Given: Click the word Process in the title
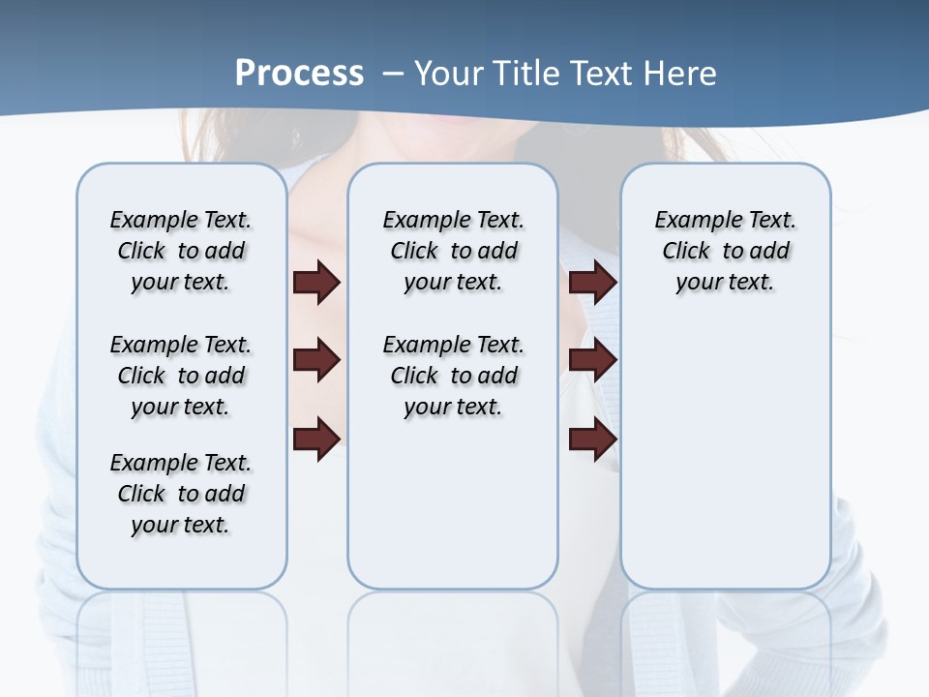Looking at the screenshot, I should click(x=299, y=74).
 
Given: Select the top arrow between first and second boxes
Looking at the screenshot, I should click(x=316, y=282).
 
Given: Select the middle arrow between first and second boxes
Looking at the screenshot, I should click(x=316, y=360).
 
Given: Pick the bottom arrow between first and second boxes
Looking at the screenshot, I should click(x=316, y=439).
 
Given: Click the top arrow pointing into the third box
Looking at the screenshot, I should click(x=592, y=282).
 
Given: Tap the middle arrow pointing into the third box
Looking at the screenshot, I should click(x=592, y=360).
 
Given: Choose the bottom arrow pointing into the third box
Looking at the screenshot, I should click(x=592, y=439).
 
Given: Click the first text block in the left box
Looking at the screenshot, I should click(x=181, y=251).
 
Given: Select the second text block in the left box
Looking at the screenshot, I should click(x=181, y=376).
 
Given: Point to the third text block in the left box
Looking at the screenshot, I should click(x=181, y=494).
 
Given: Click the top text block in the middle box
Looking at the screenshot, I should click(x=453, y=251).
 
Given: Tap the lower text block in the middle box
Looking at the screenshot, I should click(x=453, y=376).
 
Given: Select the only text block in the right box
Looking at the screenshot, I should click(x=725, y=251).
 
